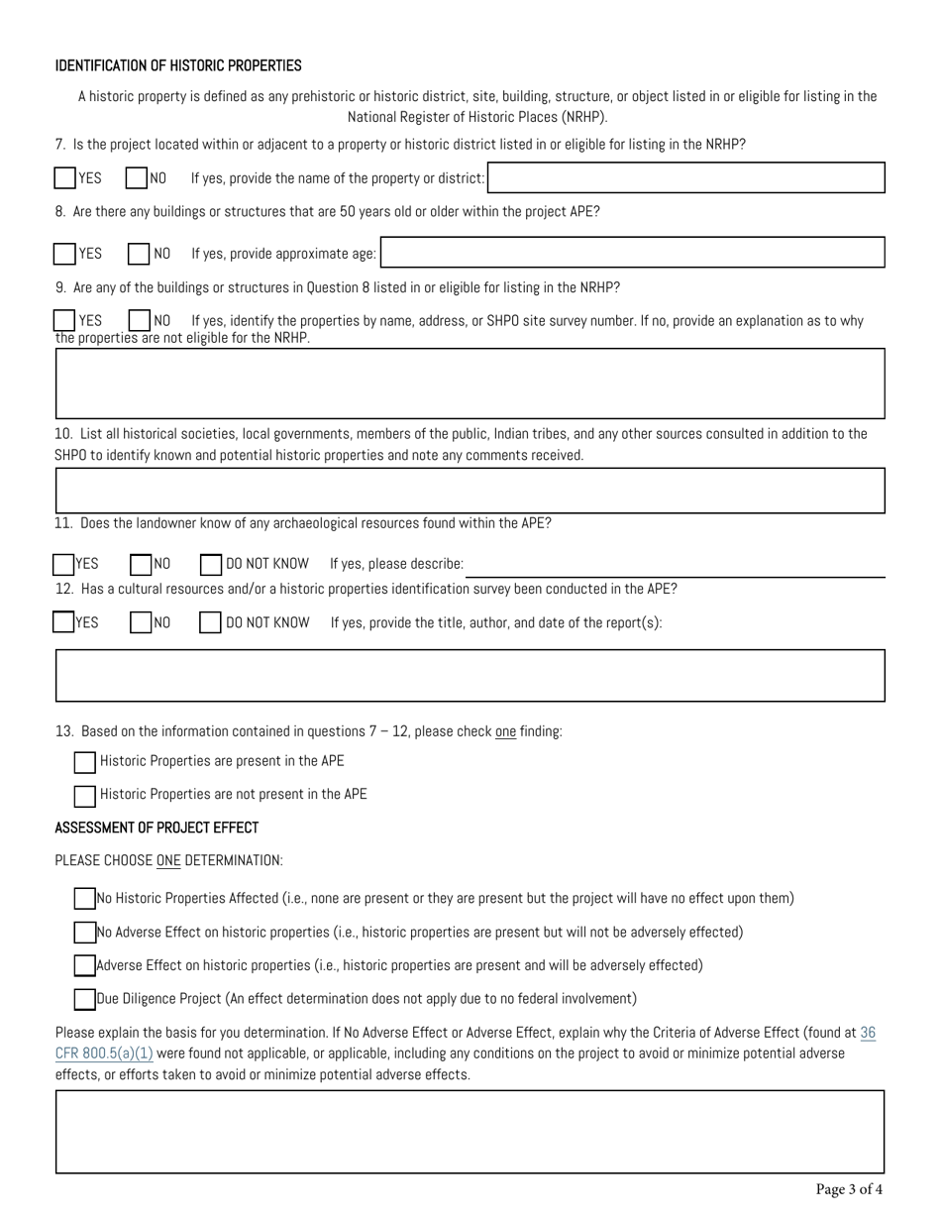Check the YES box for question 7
[65, 178]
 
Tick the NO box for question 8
[139, 254]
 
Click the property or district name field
[685, 178]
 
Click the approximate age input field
[632, 253]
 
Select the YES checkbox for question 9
[65, 321]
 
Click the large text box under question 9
[470, 383]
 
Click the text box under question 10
[470, 491]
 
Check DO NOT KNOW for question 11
[211, 564]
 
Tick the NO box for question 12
[141, 622]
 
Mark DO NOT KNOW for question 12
[211, 622]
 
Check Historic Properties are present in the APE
[85, 762]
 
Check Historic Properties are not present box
[85, 795]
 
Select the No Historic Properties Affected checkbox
[85, 899]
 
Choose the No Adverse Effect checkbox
[85, 933]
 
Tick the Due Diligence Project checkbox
[85, 999]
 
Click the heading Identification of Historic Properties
[178, 66]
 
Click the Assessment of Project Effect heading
[157, 828]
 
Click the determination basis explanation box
[470, 1132]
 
